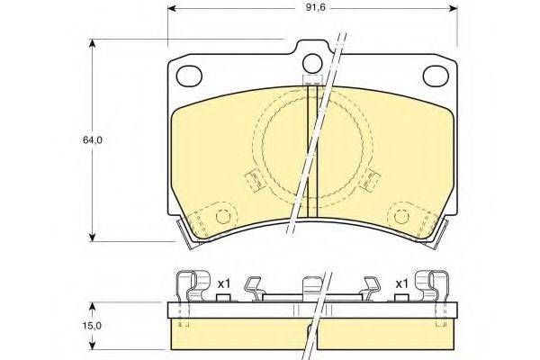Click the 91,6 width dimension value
[x=316, y=7]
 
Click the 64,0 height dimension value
[x=93, y=139]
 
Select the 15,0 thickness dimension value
[x=92, y=326]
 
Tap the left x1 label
[x=223, y=284]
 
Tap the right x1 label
[x=401, y=284]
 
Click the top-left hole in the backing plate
[x=189, y=76]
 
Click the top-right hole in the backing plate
[x=436, y=76]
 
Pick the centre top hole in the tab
[x=312, y=63]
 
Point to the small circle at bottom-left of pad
[x=223, y=216]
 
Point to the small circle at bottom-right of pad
[x=401, y=216]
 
